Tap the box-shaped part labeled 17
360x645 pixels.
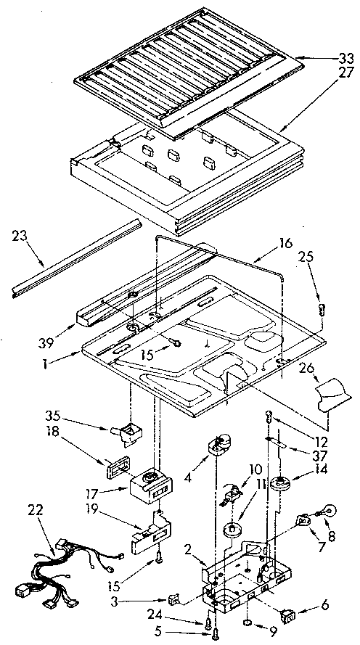point(150,485)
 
